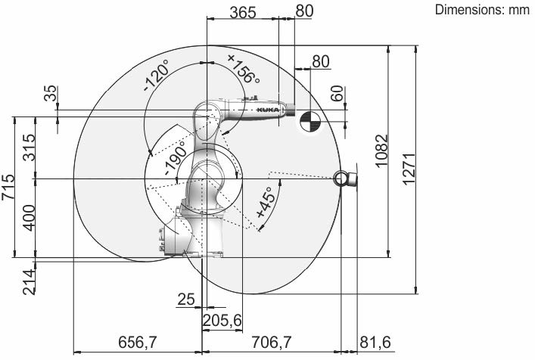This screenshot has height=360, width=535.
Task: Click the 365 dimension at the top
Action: coord(243,13)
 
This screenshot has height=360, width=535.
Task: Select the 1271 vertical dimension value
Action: coord(409,169)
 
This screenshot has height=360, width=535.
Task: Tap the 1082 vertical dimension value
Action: coord(381,151)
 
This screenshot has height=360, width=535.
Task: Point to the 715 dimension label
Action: coord(8,187)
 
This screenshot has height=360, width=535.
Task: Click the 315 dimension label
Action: coord(29,147)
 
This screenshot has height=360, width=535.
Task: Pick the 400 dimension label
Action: coord(29,218)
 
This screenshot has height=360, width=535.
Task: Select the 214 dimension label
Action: coord(29,281)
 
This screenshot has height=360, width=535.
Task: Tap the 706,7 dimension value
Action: coord(271,342)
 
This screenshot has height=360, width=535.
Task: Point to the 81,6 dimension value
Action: coord(375,343)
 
